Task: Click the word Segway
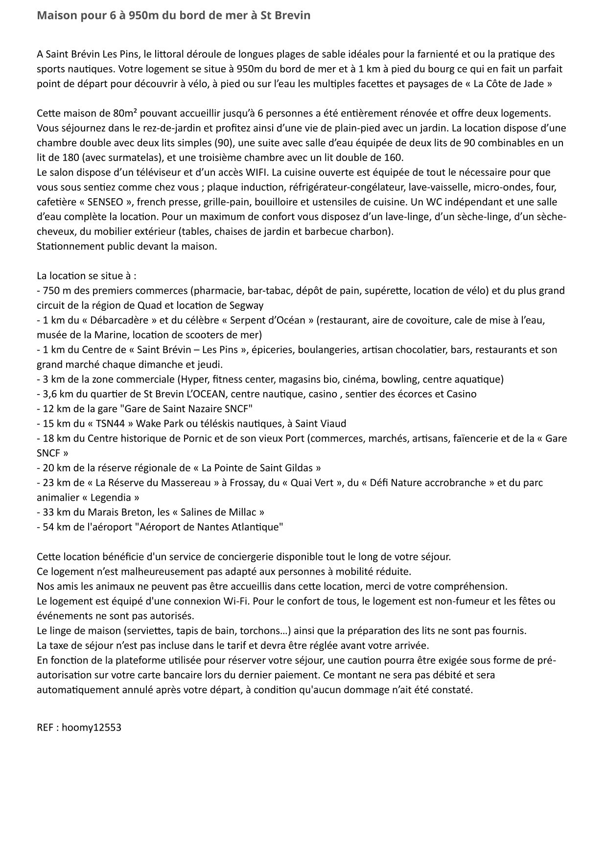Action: (x=246, y=305)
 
